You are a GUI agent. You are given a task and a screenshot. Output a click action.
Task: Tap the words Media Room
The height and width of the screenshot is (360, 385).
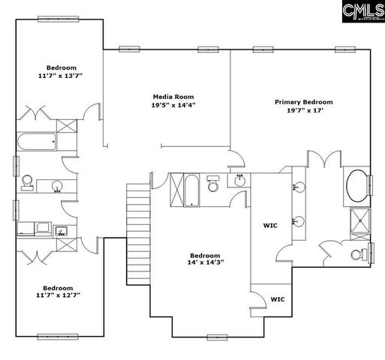click(x=173, y=97)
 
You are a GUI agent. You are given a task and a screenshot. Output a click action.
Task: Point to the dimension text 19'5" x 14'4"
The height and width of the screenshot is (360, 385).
click(x=173, y=106)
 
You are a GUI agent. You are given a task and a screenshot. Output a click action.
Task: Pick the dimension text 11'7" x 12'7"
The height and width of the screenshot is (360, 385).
click(x=57, y=295)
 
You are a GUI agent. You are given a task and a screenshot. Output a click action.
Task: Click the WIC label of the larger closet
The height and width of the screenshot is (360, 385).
click(x=270, y=225)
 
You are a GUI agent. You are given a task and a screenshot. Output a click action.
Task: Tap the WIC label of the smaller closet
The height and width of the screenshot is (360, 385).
click(x=278, y=299)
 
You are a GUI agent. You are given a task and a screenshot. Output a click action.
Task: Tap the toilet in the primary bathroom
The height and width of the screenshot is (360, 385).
click(x=357, y=252)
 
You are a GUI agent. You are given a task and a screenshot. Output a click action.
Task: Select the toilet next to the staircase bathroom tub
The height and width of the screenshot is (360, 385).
click(x=213, y=184)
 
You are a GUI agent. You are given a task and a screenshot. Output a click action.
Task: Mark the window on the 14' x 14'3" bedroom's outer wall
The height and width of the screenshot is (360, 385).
click(x=217, y=337)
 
